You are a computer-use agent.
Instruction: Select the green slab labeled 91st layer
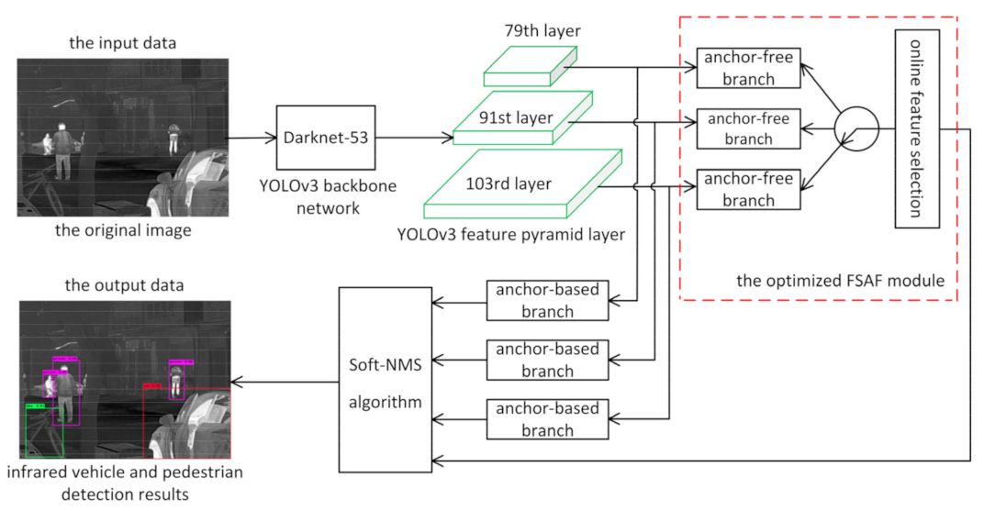pos(514,117)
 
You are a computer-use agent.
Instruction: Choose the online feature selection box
pos(914,128)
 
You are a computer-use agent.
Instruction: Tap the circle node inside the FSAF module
pos(855,128)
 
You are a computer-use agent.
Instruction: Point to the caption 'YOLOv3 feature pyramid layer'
pos(511,235)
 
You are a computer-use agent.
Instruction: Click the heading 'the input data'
pos(123,44)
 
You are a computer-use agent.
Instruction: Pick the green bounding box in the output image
pos(43,429)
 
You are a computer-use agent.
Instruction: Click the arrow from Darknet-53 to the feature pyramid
pos(414,138)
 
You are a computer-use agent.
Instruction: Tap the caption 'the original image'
pos(123,230)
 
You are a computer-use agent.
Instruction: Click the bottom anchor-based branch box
pos(548,419)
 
